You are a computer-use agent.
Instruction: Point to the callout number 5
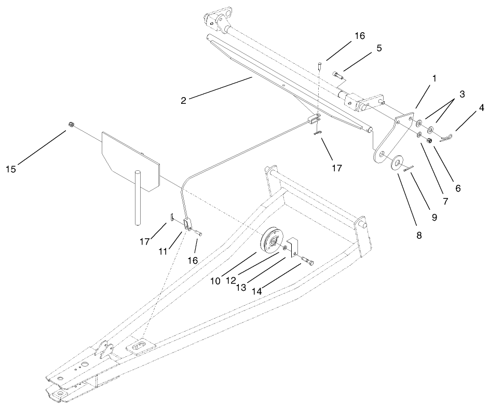[x=378, y=48]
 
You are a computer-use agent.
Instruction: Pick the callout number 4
[x=482, y=109]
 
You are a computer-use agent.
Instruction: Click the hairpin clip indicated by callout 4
[x=446, y=137]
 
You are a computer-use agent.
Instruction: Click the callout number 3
[x=462, y=94]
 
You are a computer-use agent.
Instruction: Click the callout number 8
[x=418, y=235]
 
